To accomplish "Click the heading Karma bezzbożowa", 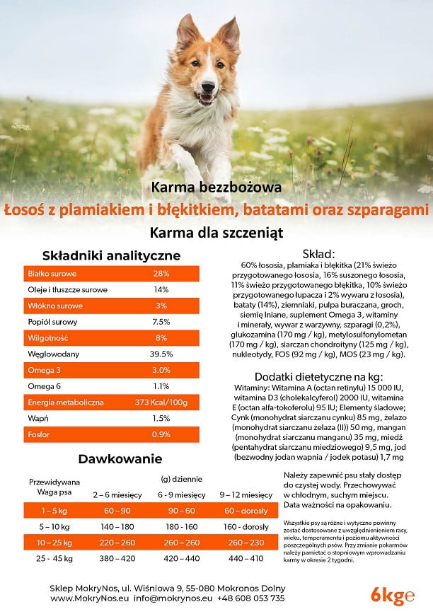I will pyautogui.click(x=216, y=187).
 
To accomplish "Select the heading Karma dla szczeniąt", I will pyautogui.click(x=216, y=231).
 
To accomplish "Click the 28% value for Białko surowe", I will pyautogui.click(x=161, y=274).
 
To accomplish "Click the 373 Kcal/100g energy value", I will pyautogui.click(x=161, y=402).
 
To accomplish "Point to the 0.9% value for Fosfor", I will pyautogui.click(x=161, y=434).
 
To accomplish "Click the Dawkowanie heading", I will pyautogui.click(x=112, y=459).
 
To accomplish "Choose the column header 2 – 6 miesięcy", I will pyautogui.click(x=118, y=494).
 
